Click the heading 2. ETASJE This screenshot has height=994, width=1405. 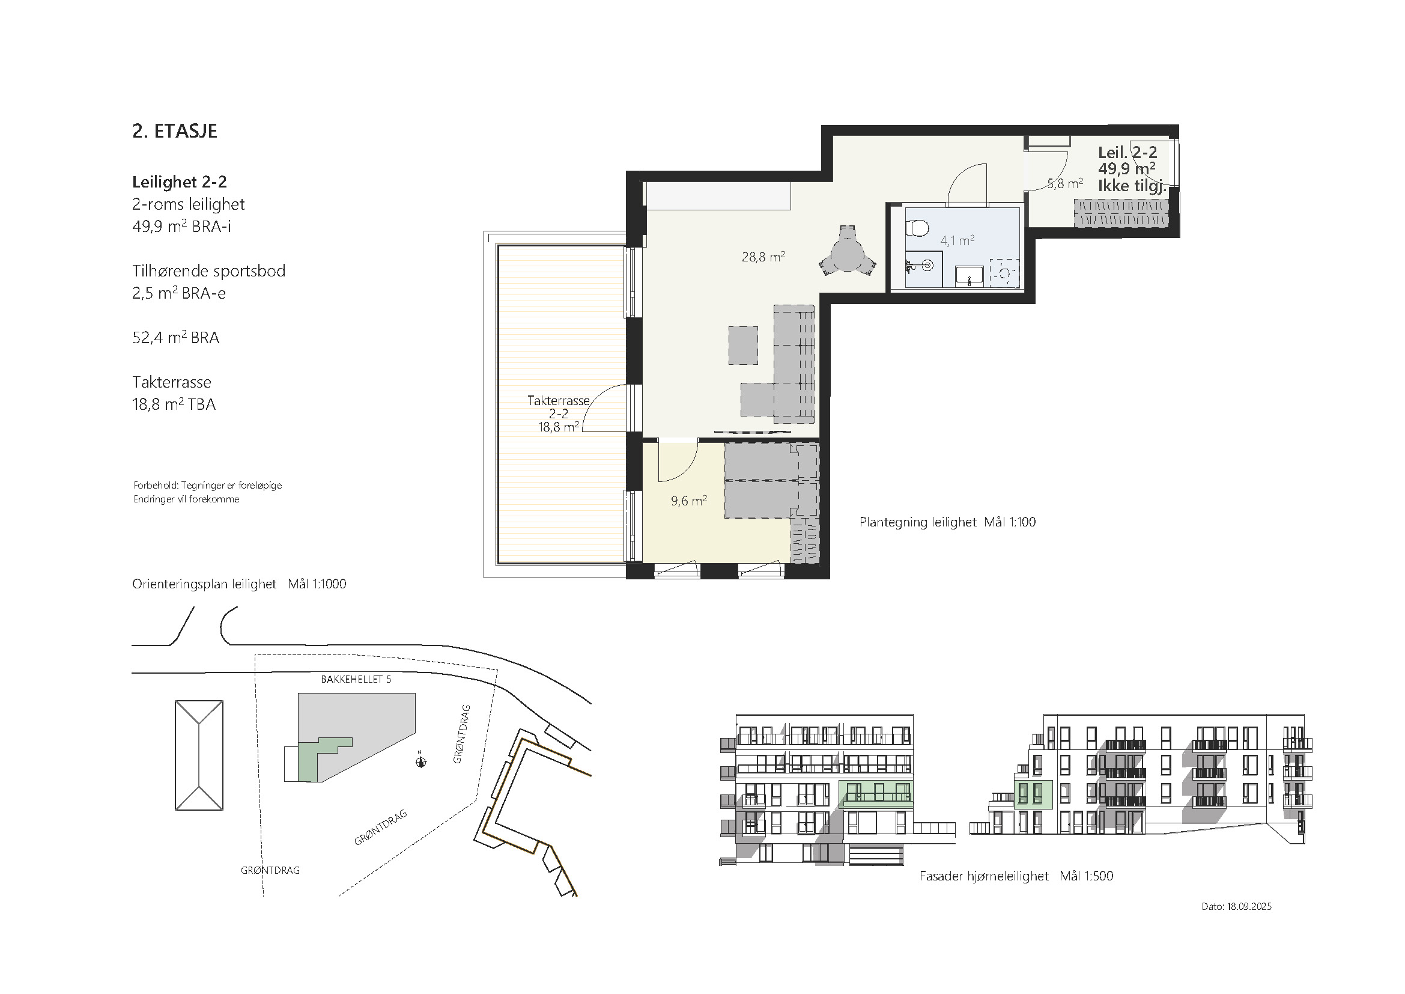point(174,131)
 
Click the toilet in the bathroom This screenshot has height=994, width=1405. point(917,228)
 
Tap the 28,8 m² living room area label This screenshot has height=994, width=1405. point(763,257)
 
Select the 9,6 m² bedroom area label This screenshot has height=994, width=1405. point(688,501)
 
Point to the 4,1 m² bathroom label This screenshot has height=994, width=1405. point(957,240)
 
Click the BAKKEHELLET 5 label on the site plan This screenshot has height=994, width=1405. point(356,680)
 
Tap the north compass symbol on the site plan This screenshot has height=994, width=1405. point(420,761)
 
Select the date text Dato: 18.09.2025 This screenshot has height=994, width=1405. point(1236,906)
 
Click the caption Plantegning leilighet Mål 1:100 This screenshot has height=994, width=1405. point(947,522)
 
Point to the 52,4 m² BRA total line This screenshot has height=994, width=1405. point(175,337)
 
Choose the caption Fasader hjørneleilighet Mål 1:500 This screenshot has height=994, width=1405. point(1016,876)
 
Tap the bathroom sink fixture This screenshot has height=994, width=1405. point(970,276)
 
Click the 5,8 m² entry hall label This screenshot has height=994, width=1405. point(1065,183)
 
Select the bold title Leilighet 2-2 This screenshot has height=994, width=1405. point(179,181)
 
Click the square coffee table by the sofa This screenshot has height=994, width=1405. point(743,345)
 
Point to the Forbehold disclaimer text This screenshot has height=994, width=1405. point(207,492)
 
